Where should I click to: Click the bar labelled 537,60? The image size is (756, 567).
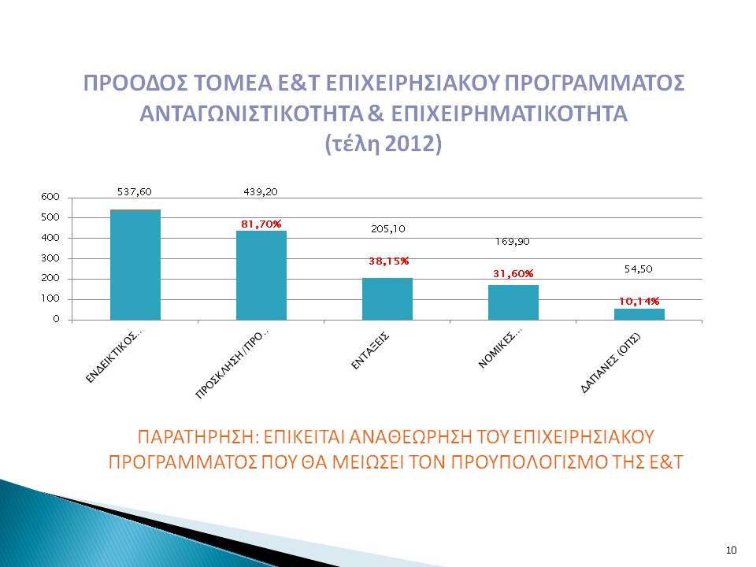[x=135, y=265]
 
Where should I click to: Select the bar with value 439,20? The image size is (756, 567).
[x=261, y=276]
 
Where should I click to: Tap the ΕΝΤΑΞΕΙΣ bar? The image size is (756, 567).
[x=387, y=299]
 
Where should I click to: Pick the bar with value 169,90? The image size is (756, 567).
[x=513, y=302]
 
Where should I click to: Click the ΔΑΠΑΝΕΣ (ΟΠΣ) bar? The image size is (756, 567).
[x=639, y=314]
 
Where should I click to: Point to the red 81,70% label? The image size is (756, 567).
[x=261, y=224]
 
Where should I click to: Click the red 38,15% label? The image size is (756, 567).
[x=388, y=261]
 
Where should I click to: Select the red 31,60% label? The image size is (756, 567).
[x=513, y=274]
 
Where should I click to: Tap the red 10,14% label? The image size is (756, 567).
[x=639, y=302]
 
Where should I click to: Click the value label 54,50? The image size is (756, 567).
[x=639, y=269]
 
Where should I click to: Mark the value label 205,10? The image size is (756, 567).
[x=388, y=229]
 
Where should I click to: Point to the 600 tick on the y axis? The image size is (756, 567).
[x=50, y=197]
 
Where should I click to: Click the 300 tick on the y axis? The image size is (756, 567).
[x=50, y=258]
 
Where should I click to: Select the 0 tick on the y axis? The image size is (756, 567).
[x=57, y=319]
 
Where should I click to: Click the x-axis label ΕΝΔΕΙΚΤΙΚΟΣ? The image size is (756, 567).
[x=114, y=358]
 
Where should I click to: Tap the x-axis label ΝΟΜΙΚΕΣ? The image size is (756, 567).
[x=501, y=349]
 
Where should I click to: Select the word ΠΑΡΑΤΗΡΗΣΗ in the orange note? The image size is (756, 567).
[x=198, y=437]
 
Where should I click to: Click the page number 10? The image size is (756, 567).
[x=732, y=550]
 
